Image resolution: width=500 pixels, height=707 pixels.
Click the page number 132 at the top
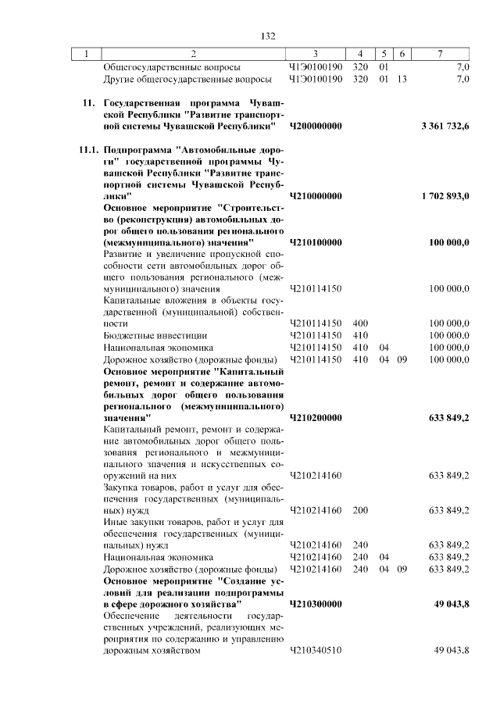(x=269, y=36)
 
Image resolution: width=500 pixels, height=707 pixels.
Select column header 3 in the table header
(x=315, y=54)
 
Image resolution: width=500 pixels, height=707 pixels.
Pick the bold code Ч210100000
(x=316, y=243)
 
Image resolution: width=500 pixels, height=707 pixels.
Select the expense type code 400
(x=360, y=323)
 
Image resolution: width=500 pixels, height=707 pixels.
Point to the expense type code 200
(x=360, y=510)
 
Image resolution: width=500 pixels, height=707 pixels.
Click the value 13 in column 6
(x=402, y=79)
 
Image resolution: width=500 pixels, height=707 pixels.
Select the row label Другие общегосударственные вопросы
(x=187, y=79)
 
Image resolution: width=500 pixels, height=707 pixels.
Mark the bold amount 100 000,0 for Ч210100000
(x=449, y=243)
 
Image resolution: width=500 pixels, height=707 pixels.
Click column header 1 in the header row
(x=87, y=54)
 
